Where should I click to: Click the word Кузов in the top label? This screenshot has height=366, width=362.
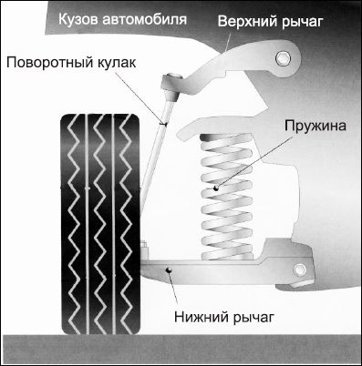coord(78,19)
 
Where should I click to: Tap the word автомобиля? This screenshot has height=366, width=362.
coord(144,19)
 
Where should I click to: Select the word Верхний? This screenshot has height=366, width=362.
coord(247,22)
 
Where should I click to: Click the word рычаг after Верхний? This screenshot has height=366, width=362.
coord(301,23)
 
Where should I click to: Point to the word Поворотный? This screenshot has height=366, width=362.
coord(49,63)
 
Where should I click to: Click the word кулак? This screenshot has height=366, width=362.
coord(117,63)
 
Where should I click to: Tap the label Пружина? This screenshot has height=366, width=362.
coord(315,126)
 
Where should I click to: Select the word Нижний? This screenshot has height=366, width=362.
coord(202,317)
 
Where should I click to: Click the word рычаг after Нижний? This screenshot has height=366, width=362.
coord(253,318)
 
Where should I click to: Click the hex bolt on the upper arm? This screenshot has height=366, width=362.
coord(283,58)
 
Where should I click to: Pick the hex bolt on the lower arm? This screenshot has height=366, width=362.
coord(300,270)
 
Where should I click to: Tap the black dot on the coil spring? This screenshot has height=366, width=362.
coord(216,188)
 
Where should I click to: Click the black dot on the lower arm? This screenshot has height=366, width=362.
coord(169,269)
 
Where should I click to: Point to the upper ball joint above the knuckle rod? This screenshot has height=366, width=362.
coord(171,86)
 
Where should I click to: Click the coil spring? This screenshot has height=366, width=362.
coord(227,197)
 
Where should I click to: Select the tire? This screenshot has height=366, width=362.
coord(100,224)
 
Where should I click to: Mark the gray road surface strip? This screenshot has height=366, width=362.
coord(181,350)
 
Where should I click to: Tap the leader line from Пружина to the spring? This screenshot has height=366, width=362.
coord(254,161)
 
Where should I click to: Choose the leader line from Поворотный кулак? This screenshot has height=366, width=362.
coord(140,97)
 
